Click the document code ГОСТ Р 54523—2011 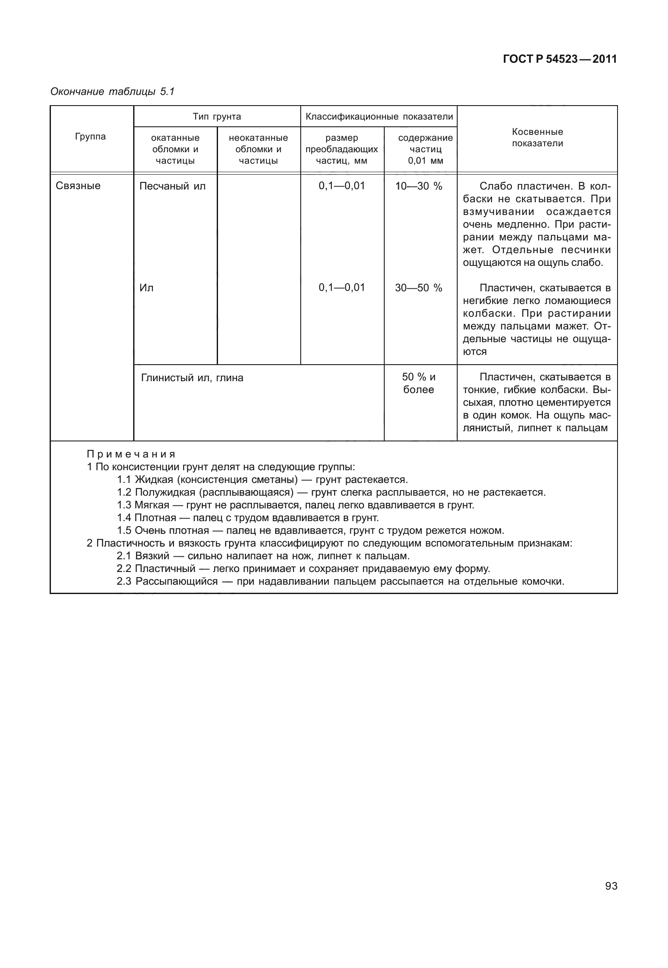coord(559,59)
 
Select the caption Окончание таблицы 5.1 coord(112,92)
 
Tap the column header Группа coord(90,137)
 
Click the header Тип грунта coord(217,117)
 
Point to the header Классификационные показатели coord(379,117)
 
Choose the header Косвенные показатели coord(537,138)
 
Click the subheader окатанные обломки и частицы coord(175,149)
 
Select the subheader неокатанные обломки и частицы coord(258,149)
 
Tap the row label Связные coord(78,186)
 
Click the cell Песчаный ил coord(172,186)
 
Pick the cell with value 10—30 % coord(419,186)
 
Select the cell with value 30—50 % coord(419,288)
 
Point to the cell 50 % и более coord(419,383)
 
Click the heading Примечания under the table coord(131,454)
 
